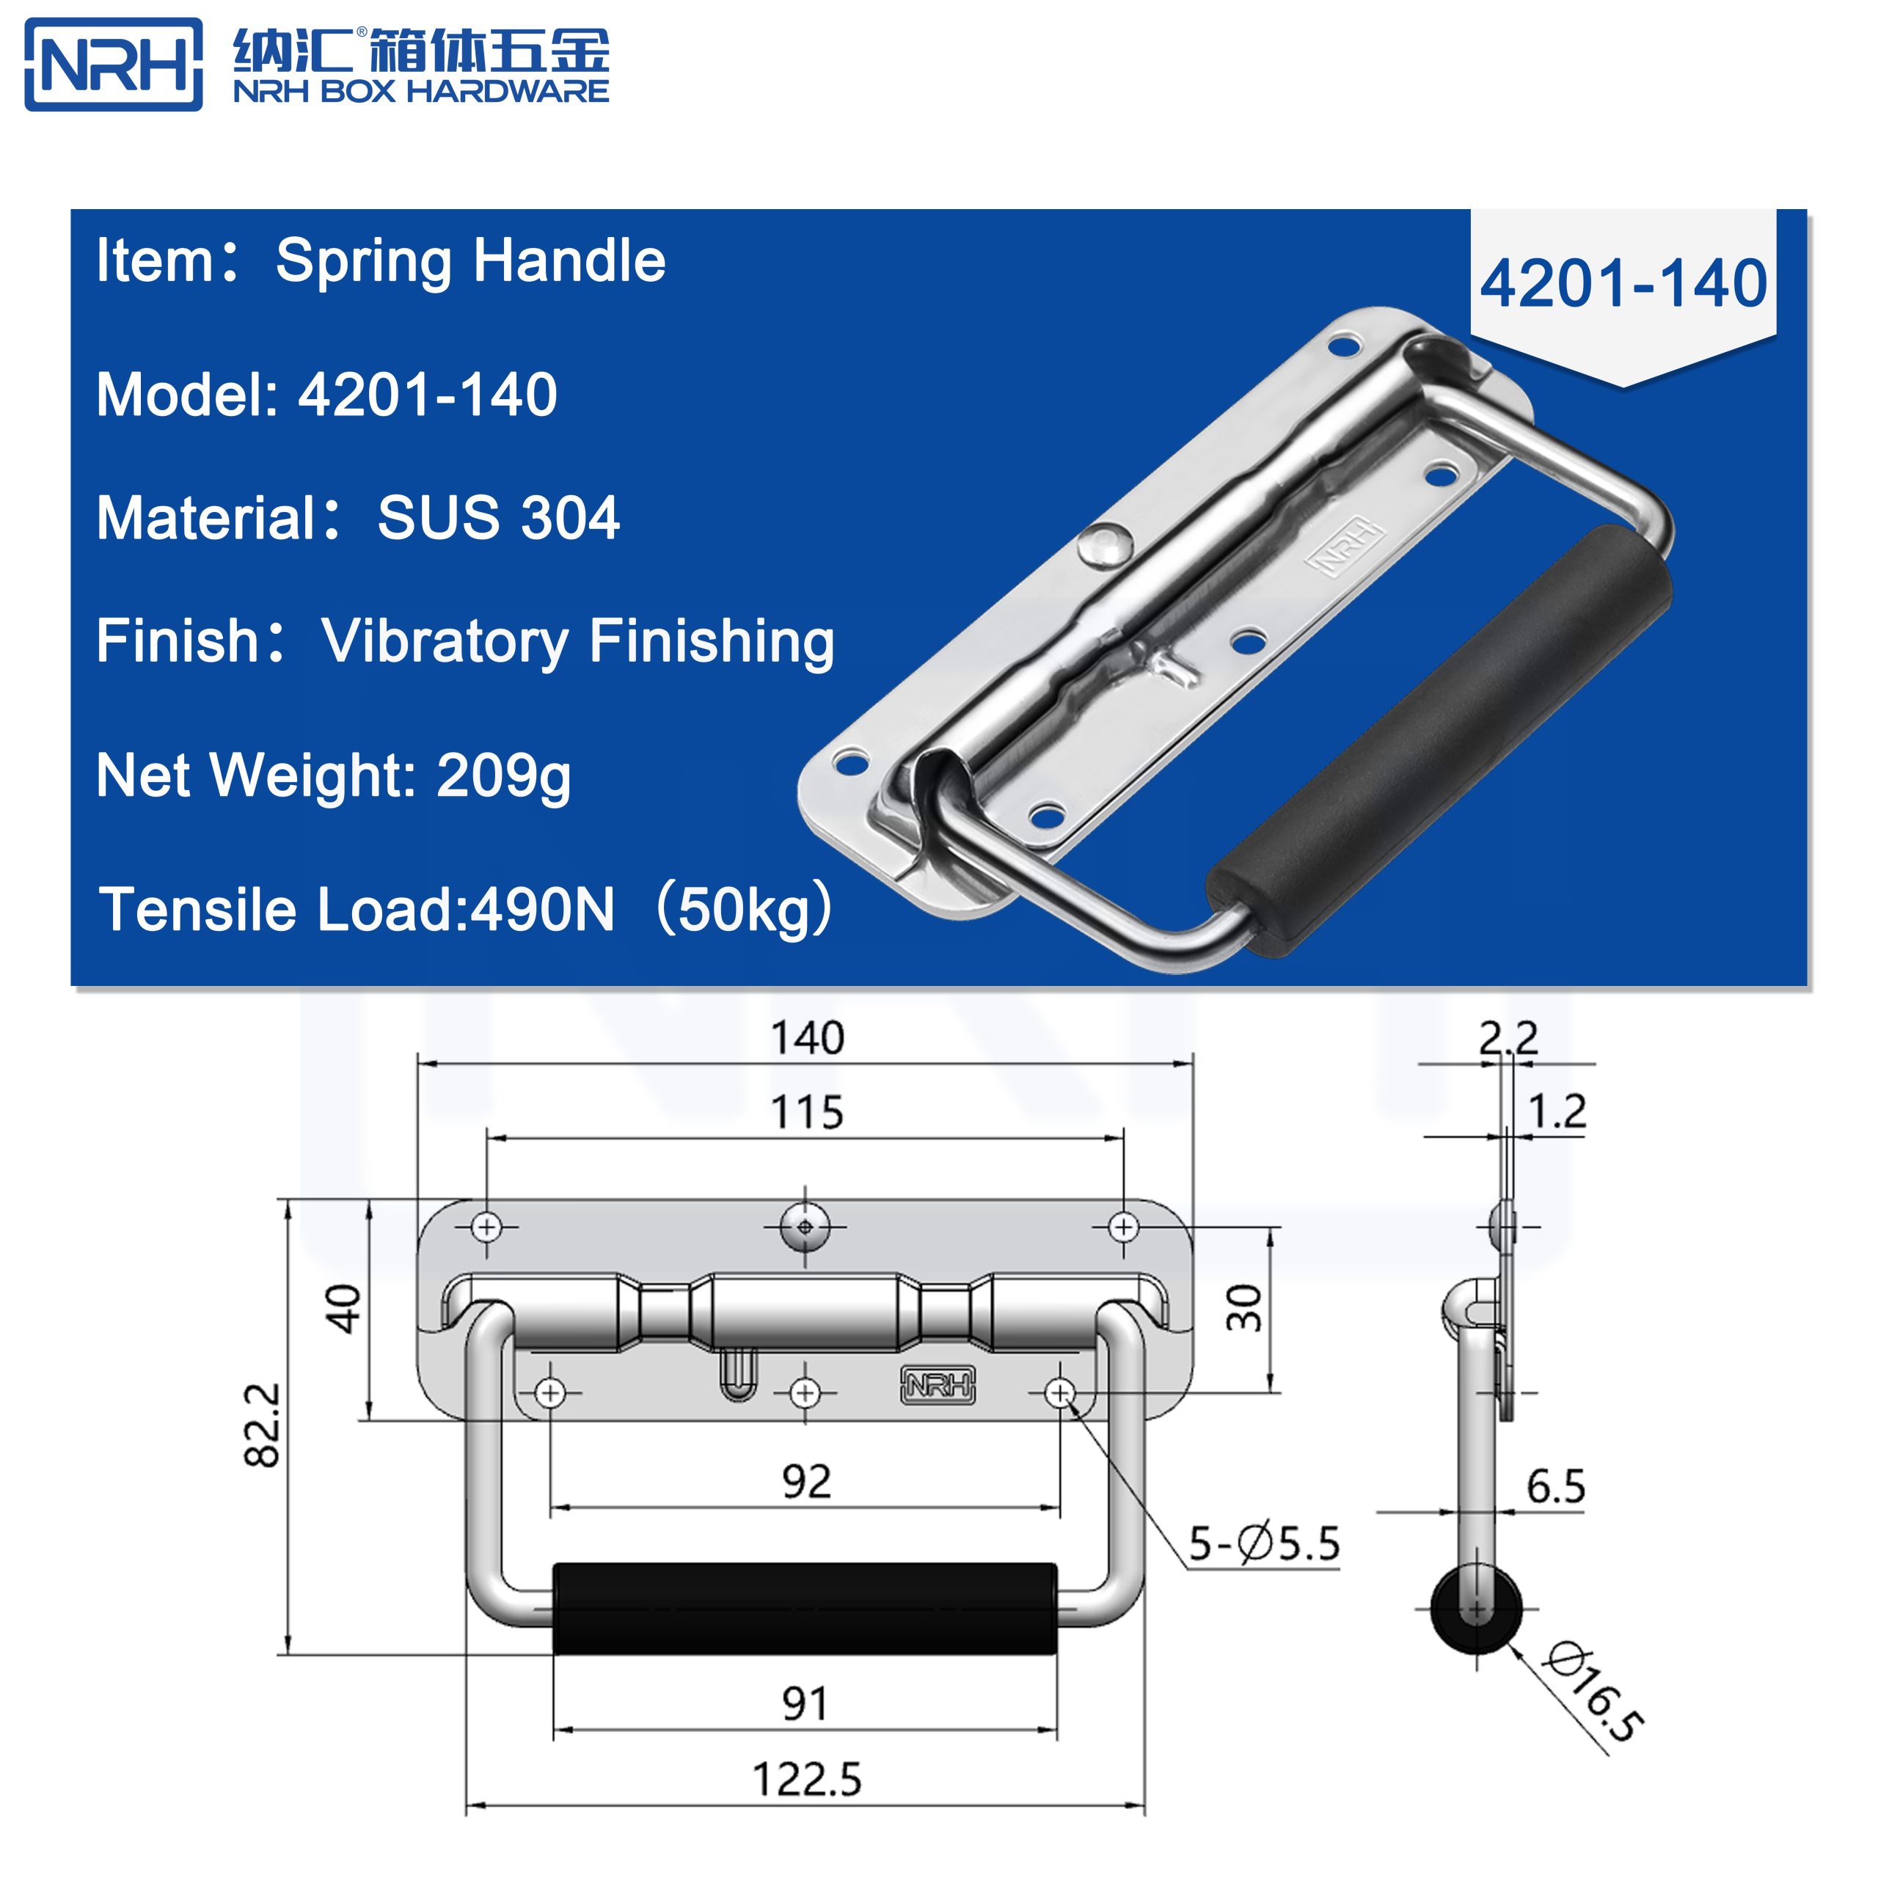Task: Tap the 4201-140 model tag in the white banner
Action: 1623,284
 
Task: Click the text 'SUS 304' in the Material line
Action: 497,517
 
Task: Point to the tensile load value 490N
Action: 542,910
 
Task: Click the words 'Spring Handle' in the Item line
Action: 470,260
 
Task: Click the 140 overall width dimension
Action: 807,1038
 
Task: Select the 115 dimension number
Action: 807,1112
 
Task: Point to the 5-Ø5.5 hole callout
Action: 1265,1543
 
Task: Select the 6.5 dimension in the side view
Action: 1555,1486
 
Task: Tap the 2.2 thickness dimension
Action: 1508,1038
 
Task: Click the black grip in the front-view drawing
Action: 805,1609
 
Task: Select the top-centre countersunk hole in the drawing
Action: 805,1227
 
